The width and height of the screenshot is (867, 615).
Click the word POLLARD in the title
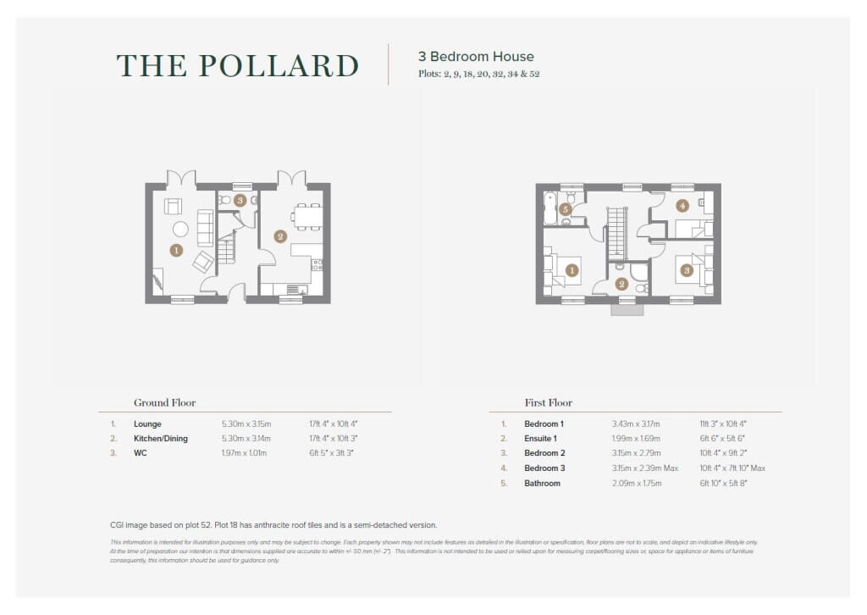pos(287,66)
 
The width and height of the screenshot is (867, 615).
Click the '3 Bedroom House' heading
pos(476,57)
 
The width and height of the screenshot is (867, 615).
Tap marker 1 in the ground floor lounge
pos(176,250)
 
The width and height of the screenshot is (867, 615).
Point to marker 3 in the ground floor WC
pos(240,201)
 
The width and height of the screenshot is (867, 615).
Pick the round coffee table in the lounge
pos(180,229)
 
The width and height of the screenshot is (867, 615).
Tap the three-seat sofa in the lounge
pos(205,227)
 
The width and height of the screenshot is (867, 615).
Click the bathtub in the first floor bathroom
pos(550,208)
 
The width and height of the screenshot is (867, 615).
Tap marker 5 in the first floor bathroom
pos(566,209)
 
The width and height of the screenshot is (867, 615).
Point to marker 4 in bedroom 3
pos(682,205)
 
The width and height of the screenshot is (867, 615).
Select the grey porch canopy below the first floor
pos(627,309)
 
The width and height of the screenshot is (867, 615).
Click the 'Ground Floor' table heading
pos(164,403)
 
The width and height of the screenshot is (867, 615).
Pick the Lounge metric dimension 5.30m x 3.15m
pos(245,424)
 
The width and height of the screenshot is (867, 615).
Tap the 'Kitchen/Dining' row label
pos(161,439)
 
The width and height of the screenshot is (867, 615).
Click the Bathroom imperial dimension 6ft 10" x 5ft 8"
pos(723,483)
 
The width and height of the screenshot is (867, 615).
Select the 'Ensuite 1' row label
pos(540,438)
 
